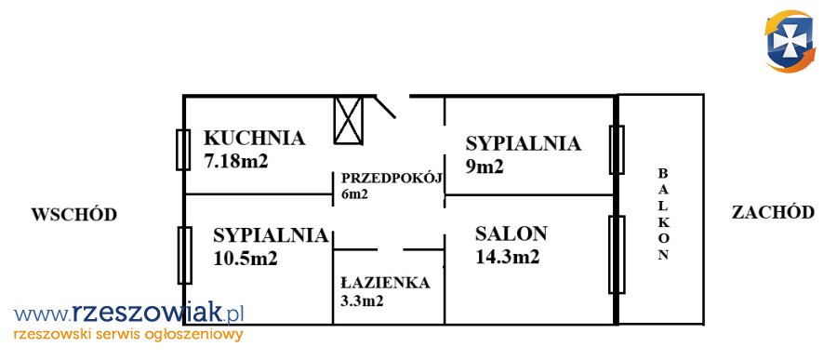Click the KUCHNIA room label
[x=254, y=138]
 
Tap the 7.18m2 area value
[x=235, y=161]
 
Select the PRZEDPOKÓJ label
[x=392, y=179]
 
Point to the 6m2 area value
[x=354, y=194]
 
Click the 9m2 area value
[x=485, y=167]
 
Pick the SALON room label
[x=511, y=233]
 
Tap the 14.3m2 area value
[x=507, y=257]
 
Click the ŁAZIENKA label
[x=385, y=283]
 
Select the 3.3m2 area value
[x=362, y=301]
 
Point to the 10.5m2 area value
[x=245, y=259]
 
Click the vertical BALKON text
[x=662, y=214]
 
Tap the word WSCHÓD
[x=73, y=215]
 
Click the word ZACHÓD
[x=773, y=213]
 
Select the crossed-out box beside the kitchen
[x=349, y=120]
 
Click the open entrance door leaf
[x=384, y=107]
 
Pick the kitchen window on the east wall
[x=183, y=150]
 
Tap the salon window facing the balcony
[x=617, y=255]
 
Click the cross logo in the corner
[x=790, y=42]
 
